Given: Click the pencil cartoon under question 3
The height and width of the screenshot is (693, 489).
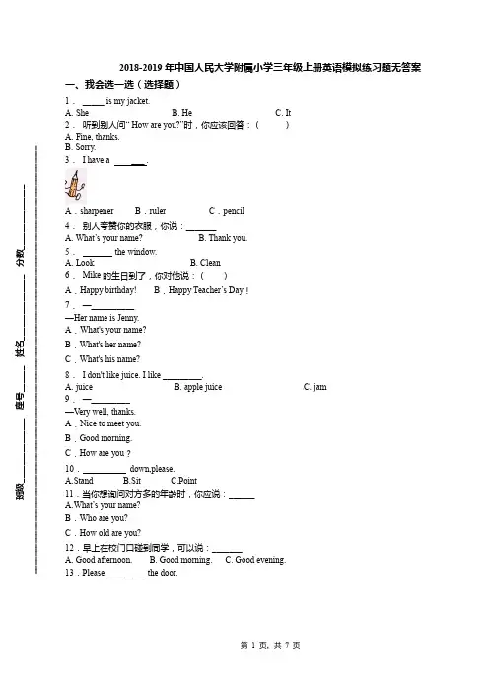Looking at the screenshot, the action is [76, 186].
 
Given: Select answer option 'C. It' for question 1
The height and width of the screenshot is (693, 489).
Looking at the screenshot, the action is [283, 113].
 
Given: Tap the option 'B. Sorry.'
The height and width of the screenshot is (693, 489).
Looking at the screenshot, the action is [80, 147].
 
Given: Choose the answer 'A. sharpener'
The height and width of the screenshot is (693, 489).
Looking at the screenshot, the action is [90, 211].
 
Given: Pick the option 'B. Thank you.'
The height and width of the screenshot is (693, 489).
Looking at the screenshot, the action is [223, 238].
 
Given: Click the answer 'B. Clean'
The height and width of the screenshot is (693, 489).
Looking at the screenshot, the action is [205, 263].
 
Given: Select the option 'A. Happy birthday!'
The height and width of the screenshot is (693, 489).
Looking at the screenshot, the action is [102, 290].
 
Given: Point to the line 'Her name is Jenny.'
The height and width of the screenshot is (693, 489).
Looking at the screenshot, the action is [103, 318].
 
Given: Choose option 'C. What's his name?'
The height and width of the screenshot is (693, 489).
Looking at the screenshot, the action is [103, 359].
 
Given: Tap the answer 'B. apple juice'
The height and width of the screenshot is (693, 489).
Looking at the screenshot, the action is [198, 387].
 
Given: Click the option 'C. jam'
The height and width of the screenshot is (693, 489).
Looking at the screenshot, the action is [315, 387].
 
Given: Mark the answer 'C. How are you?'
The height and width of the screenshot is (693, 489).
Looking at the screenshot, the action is [98, 453].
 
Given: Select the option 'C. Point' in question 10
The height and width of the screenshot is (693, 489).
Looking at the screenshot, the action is [184, 481].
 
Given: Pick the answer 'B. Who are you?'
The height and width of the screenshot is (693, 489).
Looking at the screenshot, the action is [97, 518].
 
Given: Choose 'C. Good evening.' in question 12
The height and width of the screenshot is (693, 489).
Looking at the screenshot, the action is [255, 560].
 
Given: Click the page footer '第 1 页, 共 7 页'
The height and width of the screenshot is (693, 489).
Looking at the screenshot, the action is [270, 646].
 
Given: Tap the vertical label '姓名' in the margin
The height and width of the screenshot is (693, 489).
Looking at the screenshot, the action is [21, 347].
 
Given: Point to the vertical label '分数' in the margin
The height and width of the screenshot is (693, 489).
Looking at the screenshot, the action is [21, 257].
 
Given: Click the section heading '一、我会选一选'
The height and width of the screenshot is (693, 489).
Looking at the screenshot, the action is [100, 85].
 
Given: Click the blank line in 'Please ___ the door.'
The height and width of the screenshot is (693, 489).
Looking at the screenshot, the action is [126, 577].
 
